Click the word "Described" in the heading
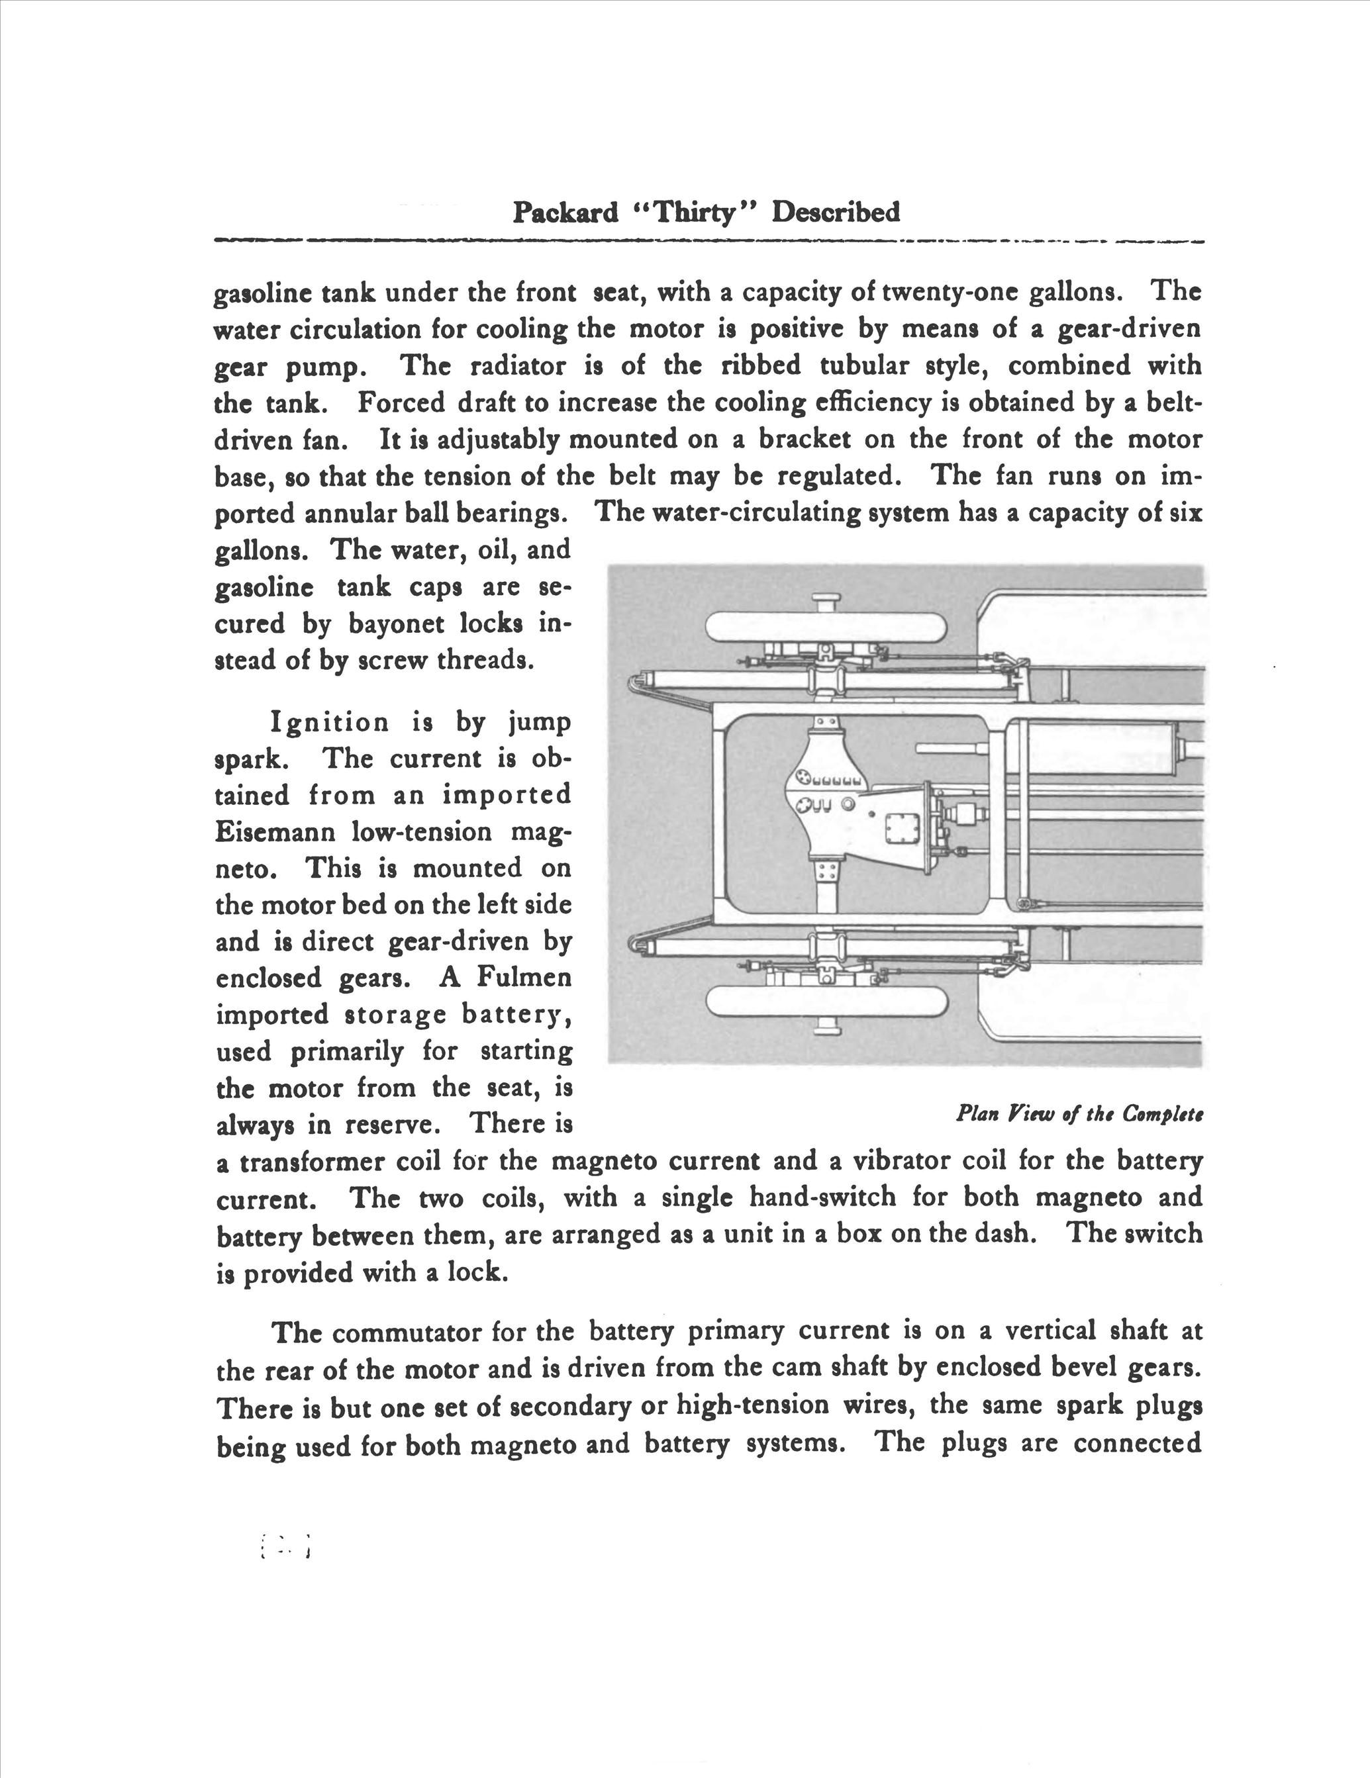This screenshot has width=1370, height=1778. pyautogui.click(x=836, y=212)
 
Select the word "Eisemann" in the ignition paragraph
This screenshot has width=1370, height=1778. pyautogui.click(x=272, y=832)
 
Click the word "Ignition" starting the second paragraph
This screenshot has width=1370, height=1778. pyautogui.click(x=330, y=722)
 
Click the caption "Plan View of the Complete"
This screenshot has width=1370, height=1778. pyautogui.click(x=1079, y=1113)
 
